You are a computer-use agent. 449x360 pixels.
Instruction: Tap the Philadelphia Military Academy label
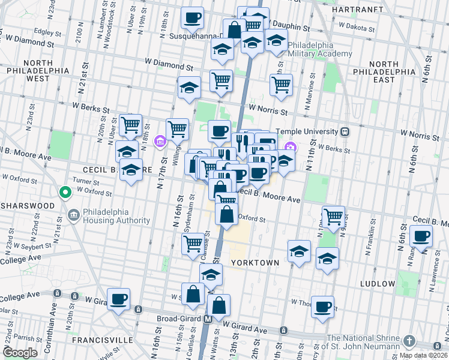click(x=319, y=49)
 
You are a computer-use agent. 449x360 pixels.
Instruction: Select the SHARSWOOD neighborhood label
click(x=28, y=205)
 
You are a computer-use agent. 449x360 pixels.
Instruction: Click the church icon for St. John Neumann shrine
click(x=409, y=340)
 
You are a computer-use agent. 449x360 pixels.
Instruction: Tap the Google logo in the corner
click(x=20, y=352)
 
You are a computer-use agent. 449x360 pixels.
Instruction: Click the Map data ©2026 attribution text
click(x=423, y=355)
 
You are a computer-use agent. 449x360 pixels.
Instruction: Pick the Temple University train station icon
click(x=344, y=131)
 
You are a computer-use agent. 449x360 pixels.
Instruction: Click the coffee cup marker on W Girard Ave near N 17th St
click(x=118, y=298)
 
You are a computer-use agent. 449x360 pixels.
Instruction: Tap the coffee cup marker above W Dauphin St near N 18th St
click(x=192, y=17)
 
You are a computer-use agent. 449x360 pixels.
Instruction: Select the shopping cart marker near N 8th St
click(x=333, y=216)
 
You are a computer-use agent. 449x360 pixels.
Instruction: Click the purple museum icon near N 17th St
click(x=160, y=142)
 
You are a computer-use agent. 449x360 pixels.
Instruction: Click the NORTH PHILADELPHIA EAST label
click(x=384, y=71)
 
